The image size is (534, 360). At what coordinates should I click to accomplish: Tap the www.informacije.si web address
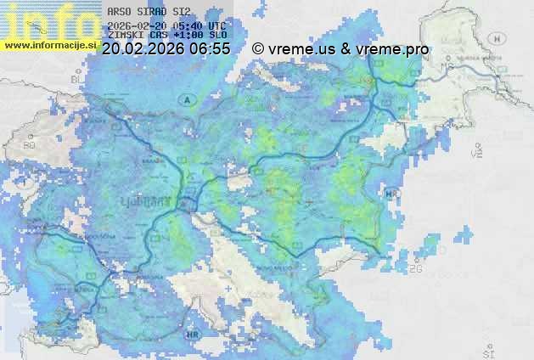click(x=50, y=45)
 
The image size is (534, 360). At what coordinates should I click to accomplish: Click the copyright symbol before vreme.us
click(x=259, y=49)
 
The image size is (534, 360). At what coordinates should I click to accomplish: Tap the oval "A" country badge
click(x=185, y=100)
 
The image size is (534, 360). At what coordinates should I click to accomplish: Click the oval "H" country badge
click(x=502, y=38)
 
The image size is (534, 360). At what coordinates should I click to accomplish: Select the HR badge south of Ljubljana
click(x=192, y=335)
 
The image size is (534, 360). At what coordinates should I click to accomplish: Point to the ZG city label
click(x=415, y=269)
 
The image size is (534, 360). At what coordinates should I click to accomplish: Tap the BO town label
click(x=30, y=145)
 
